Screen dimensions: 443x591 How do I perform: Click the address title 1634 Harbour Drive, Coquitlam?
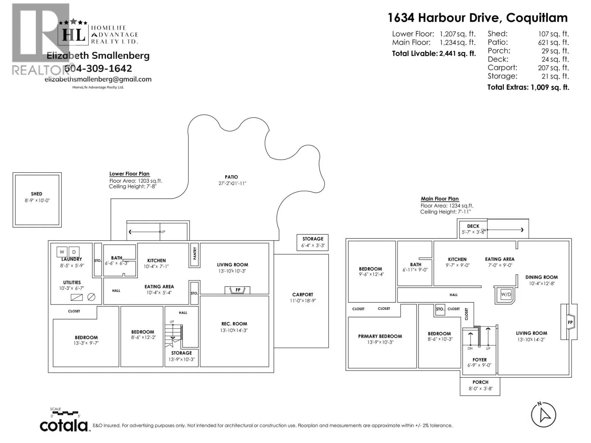pos(477,18)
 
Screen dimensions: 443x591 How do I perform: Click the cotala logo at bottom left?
pos(64,425)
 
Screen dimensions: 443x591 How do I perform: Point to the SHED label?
pos(37,194)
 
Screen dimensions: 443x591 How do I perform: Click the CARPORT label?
pos(303,295)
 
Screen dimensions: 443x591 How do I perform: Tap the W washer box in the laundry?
pos(62,252)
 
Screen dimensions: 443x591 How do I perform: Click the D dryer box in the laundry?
pos(74,252)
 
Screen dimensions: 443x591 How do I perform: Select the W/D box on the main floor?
pos(506,294)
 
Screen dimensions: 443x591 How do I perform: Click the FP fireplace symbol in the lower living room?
pos(238,290)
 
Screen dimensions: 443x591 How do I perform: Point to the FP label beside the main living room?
pos(570,322)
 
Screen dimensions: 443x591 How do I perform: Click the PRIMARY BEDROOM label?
pos(380,336)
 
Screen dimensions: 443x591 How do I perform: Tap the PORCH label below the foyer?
pos(480,382)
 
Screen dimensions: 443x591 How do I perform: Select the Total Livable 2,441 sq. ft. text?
pos(434,54)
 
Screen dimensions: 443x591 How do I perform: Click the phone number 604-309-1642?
pos(98,68)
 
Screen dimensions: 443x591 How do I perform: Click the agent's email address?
pos(98,79)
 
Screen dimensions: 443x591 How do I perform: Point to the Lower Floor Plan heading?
pos(129,174)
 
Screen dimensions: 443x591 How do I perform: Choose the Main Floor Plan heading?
pos(440,199)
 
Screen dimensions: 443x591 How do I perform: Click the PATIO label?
pos(231,177)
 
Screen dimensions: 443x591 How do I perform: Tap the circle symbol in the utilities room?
pos(91,297)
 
